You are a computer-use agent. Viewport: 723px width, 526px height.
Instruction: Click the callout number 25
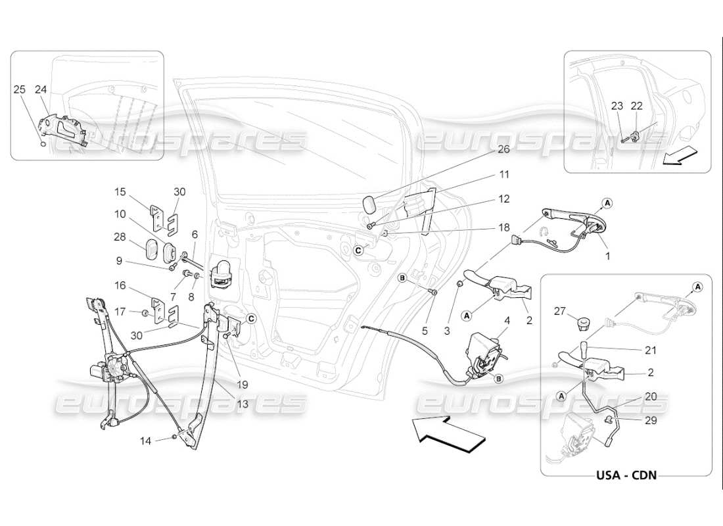(20, 89)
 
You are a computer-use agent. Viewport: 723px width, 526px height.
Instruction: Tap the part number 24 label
(41, 89)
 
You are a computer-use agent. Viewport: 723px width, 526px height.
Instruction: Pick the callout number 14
(146, 441)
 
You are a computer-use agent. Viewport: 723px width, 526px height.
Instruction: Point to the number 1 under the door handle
(608, 256)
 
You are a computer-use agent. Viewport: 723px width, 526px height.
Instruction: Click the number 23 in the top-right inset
(617, 105)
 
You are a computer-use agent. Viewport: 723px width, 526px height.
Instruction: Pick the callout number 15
(120, 192)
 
